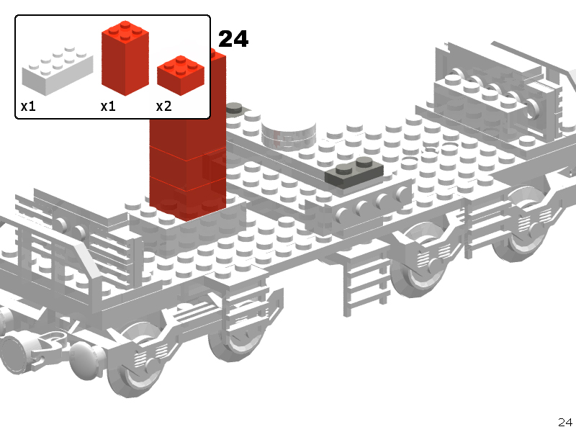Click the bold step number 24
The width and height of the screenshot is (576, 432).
[x=233, y=39]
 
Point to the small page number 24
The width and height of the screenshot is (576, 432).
[x=565, y=422]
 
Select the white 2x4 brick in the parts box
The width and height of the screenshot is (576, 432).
[x=58, y=71]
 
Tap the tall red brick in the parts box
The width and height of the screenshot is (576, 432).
[x=125, y=58]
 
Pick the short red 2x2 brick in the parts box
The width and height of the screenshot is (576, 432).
[x=181, y=76]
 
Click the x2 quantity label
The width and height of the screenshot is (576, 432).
[x=164, y=106]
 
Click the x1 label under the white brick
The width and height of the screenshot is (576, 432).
[x=28, y=106]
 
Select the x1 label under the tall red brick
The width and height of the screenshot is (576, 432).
[x=108, y=106]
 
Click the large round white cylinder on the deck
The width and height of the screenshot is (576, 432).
[x=289, y=134]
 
